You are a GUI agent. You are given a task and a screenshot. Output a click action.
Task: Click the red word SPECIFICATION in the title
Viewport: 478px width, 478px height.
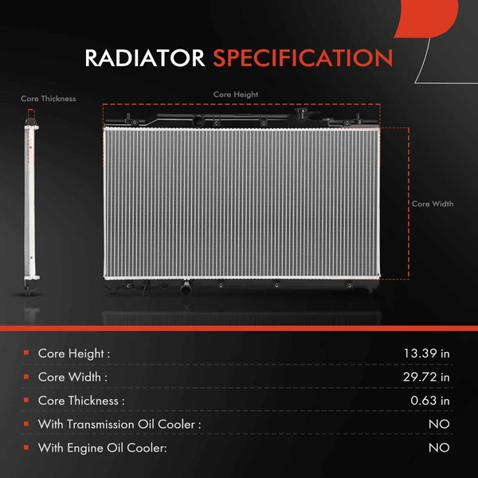click(x=302, y=58)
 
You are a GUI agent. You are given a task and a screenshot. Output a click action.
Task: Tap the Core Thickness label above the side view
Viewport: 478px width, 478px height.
click(x=49, y=99)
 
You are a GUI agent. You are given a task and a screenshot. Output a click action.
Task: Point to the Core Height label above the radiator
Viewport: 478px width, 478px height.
click(x=236, y=94)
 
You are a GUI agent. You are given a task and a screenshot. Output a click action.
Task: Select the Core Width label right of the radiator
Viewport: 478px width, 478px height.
click(x=433, y=204)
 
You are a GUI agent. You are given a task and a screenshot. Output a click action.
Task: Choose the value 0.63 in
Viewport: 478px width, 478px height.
click(x=430, y=400)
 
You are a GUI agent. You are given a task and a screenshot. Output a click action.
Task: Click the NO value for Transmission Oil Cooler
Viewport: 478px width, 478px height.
click(x=439, y=424)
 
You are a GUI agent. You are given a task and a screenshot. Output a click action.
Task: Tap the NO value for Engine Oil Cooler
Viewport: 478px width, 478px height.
click(x=439, y=448)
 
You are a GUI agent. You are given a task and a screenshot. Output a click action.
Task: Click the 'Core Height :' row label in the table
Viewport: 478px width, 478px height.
click(x=74, y=353)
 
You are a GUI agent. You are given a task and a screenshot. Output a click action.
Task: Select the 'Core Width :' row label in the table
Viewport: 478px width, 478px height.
click(x=72, y=377)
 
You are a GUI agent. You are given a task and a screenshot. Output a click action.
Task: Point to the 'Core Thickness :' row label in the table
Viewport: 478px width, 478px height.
click(x=81, y=400)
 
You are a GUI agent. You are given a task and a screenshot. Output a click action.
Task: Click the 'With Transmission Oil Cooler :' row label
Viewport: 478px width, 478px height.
click(x=119, y=424)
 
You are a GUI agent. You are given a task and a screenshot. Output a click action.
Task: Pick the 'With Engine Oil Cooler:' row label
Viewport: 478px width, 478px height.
click(x=103, y=448)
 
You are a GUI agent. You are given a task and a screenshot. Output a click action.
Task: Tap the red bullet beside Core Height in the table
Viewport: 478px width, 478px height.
click(x=26, y=353)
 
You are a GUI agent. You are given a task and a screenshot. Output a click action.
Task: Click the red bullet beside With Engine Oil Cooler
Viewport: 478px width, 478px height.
click(x=26, y=448)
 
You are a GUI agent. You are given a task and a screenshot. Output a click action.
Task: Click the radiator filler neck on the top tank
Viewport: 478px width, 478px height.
click(x=196, y=122)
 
